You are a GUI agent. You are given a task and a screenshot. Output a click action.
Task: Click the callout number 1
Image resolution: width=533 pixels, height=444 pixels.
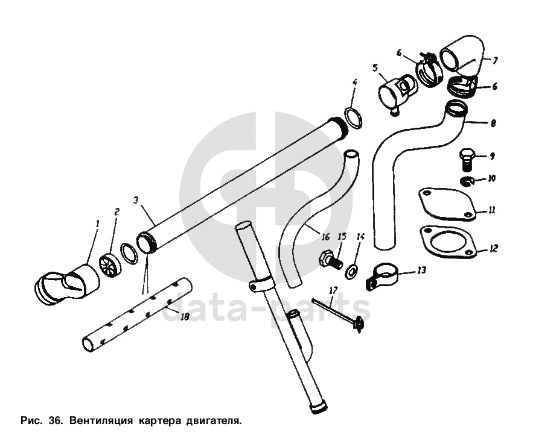click(98, 224)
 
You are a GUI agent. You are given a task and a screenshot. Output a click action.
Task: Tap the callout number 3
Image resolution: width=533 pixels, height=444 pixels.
click(136, 200)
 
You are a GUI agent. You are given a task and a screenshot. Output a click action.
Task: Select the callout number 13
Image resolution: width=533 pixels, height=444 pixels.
click(421, 270)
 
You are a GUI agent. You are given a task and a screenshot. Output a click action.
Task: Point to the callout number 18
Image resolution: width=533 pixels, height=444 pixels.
click(185, 317)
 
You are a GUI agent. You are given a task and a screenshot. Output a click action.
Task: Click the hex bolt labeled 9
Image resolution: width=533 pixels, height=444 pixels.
click(466, 159)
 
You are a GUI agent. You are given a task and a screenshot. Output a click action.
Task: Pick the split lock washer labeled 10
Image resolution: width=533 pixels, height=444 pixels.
click(467, 182)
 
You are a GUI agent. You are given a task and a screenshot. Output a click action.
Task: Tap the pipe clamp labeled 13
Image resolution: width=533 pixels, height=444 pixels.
click(383, 277)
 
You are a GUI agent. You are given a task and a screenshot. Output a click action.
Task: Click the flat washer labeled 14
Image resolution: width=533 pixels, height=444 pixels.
click(350, 272)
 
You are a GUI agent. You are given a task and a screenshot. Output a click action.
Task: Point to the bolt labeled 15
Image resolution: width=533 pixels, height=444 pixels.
click(330, 262)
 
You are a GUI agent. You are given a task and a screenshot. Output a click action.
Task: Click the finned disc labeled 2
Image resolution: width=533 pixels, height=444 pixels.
click(110, 263)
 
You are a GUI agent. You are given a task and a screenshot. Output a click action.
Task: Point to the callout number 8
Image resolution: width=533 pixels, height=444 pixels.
click(494, 123)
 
